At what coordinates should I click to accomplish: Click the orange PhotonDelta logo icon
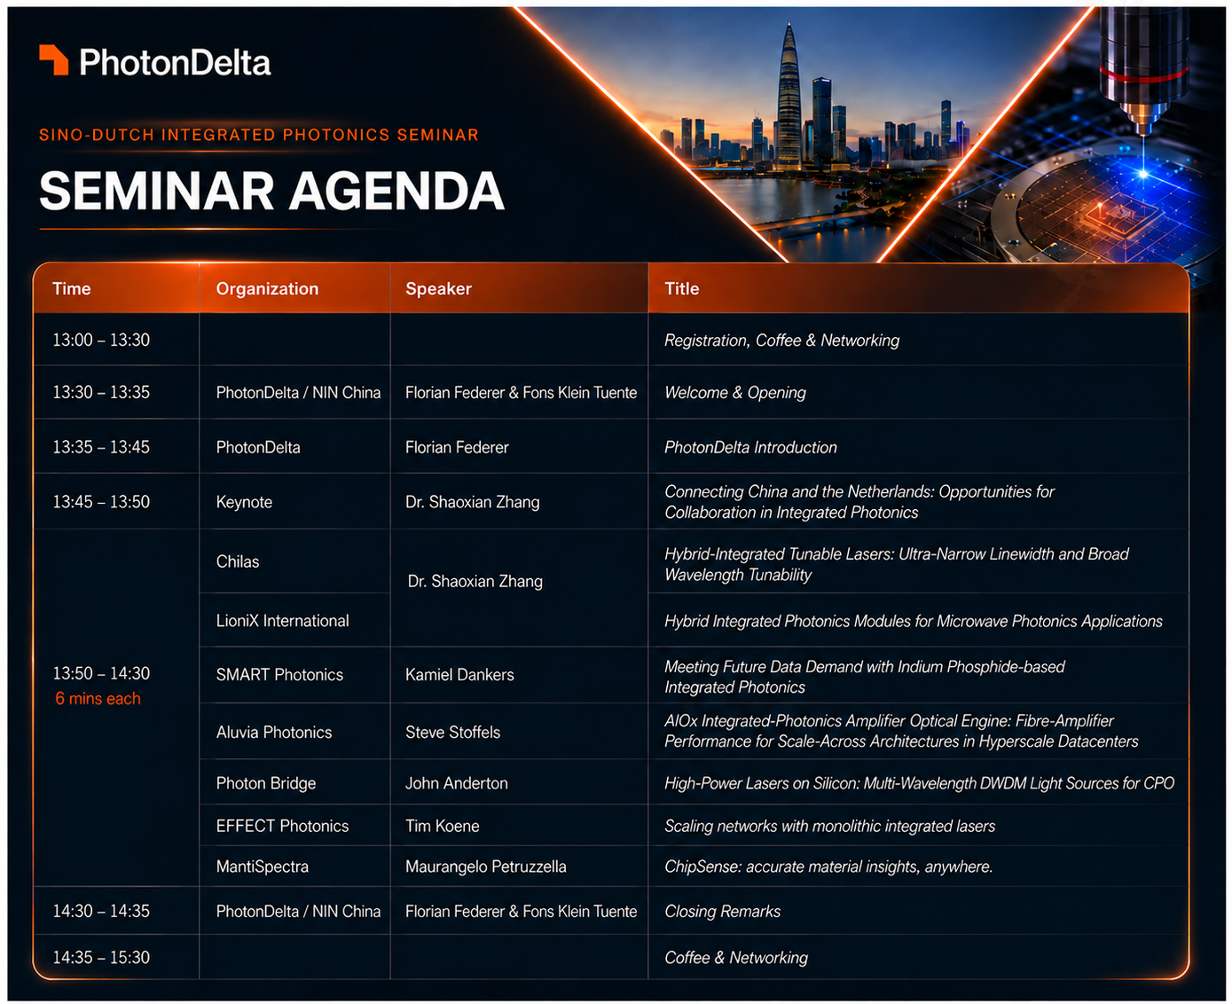click(x=53, y=59)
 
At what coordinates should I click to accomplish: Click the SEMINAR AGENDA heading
click(x=271, y=191)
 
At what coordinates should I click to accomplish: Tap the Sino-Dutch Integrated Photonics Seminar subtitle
click(x=258, y=135)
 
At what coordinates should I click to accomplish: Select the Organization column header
click(x=267, y=288)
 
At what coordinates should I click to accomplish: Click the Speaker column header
click(x=438, y=288)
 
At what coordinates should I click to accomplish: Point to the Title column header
click(x=682, y=288)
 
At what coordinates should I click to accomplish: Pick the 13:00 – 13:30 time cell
click(x=101, y=340)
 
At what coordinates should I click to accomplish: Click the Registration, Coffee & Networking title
click(x=782, y=340)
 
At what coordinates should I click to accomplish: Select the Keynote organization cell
click(x=244, y=502)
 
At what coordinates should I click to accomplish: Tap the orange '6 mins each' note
click(x=98, y=699)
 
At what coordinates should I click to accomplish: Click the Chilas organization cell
click(x=238, y=561)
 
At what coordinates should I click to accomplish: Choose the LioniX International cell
click(x=282, y=621)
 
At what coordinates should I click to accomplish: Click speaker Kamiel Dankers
click(x=459, y=674)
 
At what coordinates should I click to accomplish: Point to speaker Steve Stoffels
click(x=453, y=733)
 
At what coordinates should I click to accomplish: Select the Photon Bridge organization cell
click(x=266, y=783)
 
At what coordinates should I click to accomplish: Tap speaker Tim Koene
click(x=443, y=826)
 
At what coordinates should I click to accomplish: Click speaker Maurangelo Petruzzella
click(x=486, y=867)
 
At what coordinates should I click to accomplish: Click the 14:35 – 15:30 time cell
click(x=101, y=958)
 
